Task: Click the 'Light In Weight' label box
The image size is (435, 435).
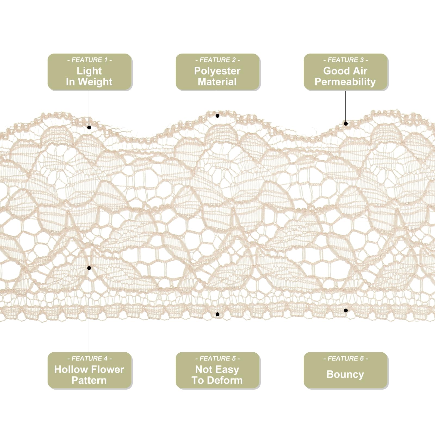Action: point(90,72)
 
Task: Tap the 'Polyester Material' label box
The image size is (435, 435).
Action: point(217,72)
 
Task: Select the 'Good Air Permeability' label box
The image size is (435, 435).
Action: point(346,72)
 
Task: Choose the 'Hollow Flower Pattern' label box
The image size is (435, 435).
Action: point(90,371)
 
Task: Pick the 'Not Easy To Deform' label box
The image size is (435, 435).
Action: point(217,371)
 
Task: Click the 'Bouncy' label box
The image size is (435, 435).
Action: point(346,371)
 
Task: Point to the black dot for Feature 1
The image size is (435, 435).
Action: point(89,127)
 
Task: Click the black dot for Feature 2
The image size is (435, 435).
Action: point(217,116)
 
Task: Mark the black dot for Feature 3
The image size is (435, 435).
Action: point(346,123)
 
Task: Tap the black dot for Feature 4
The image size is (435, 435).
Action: point(89,268)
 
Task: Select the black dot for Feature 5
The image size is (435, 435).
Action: point(217,314)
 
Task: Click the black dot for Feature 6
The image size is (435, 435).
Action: point(346,310)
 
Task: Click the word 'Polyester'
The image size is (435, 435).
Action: point(217,71)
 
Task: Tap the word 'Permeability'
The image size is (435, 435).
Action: point(345,82)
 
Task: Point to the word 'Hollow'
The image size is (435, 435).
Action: point(70,369)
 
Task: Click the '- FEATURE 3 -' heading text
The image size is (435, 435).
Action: point(346,60)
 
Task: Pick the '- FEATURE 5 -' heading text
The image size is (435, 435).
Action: point(217,358)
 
